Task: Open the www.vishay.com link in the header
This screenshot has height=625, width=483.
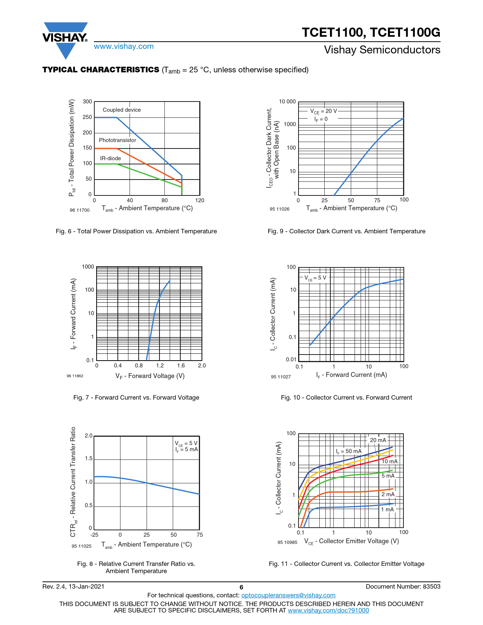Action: (124, 47)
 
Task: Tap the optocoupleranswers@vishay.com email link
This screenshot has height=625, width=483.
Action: (288, 595)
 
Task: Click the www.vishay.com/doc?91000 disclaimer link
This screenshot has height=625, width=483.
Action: (328, 610)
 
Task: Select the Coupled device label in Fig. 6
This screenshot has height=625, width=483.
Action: (122, 110)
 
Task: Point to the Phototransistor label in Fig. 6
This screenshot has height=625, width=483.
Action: (117, 140)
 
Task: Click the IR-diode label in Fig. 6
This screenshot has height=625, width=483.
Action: (111, 158)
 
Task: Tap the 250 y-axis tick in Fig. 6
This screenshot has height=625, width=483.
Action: (88, 117)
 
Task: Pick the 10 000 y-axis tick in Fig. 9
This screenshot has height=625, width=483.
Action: (287, 102)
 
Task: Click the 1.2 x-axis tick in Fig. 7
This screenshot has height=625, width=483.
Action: (160, 366)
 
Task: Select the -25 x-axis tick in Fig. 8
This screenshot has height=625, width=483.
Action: (94, 535)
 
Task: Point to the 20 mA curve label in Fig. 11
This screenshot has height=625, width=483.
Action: (378, 440)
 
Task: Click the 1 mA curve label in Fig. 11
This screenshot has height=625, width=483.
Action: (388, 509)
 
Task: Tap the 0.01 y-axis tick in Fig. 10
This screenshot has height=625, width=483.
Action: (291, 359)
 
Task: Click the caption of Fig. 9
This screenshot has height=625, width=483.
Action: (346, 231)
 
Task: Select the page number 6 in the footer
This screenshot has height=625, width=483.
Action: (241, 587)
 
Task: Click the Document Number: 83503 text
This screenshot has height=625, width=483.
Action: (403, 587)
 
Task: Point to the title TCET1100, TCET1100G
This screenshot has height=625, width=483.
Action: (371, 33)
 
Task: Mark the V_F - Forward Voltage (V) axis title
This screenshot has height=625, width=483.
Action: (150, 376)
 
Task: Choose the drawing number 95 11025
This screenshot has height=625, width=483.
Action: (81, 546)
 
